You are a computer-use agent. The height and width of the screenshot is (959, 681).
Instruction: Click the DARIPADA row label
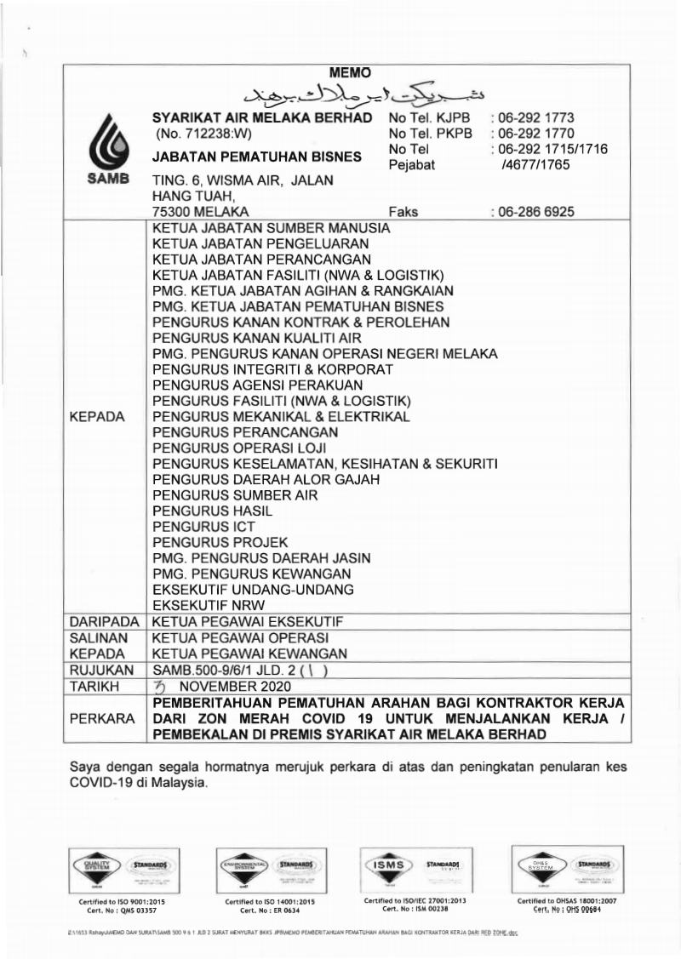coord(104,622)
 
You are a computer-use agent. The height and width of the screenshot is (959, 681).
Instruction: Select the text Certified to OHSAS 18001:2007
coord(568,899)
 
